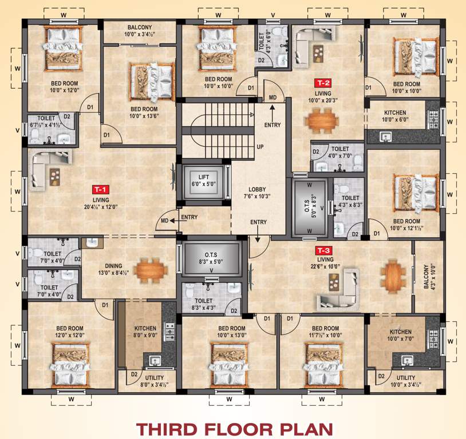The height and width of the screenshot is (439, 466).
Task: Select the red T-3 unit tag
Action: pos(322,250)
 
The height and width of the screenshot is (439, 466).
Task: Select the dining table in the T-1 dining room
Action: pos(153,268)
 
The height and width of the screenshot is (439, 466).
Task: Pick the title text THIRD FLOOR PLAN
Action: pos(232,428)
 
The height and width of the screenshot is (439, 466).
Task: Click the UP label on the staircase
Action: pos(259,147)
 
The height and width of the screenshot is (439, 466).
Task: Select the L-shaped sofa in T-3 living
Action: pos(341,292)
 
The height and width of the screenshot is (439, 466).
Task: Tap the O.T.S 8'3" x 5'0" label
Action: pos(210,256)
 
